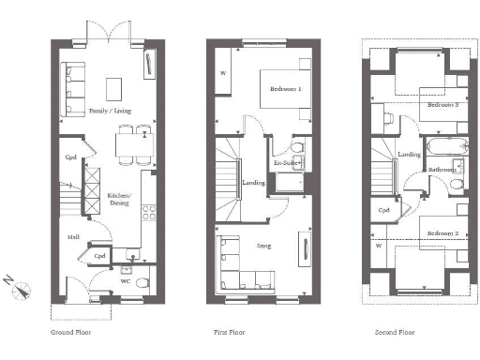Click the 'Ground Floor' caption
click(70, 333)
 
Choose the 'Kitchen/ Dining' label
click(120, 199)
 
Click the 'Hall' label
click(72, 237)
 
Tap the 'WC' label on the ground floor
click(125, 279)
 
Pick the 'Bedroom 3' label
click(442, 105)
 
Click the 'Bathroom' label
click(442, 170)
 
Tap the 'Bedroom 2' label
click(442, 232)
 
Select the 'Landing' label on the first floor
click(252, 183)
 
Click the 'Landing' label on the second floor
click(408, 155)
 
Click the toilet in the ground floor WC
click(142, 280)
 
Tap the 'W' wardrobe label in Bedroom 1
click(223, 72)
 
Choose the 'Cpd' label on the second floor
click(383, 210)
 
